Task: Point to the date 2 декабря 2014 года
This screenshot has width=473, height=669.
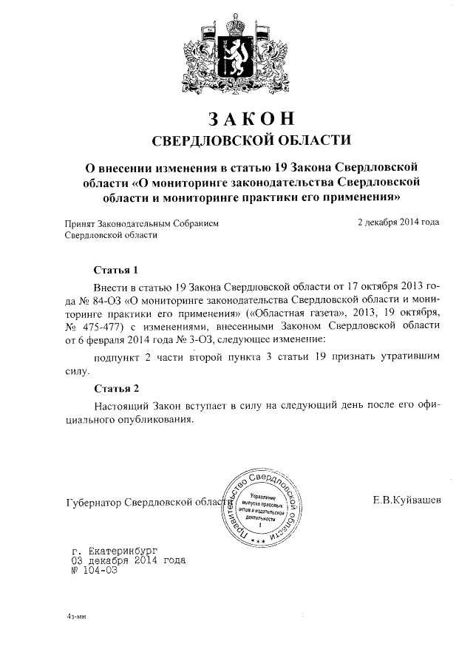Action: pos(398,221)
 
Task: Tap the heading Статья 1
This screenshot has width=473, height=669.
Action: pos(117,269)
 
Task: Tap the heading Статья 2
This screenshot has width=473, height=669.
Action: pos(117,388)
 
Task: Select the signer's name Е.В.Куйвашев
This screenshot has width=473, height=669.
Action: pos(408,500)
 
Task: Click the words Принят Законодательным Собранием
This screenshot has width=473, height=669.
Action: pos(141,222)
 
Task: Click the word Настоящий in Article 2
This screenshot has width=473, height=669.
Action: pos(121,407)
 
